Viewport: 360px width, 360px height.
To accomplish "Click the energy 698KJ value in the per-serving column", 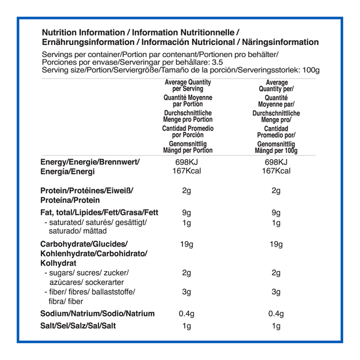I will pos(187,163).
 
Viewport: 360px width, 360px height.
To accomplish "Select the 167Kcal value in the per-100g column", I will pos(276,172).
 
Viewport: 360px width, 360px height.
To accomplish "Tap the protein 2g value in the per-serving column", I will pos(187,191).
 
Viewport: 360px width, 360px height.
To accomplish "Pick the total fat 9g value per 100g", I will pos(276,212).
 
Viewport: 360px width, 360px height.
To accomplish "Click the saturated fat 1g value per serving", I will pos(187,223).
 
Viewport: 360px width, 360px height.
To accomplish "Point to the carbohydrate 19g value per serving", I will pos(187,244).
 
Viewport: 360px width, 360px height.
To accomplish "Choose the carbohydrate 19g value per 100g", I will pos(276,244).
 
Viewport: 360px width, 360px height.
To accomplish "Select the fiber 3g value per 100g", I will pos(276,292).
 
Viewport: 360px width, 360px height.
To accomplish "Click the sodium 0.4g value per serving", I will pos(187,313).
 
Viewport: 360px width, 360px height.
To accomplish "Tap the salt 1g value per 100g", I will pos(276,326).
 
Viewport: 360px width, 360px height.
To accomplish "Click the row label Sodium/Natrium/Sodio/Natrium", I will pos(97,313).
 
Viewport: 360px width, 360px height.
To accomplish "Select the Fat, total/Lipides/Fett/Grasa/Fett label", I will pos(99,212).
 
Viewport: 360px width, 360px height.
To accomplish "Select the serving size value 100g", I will pos(311,70).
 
